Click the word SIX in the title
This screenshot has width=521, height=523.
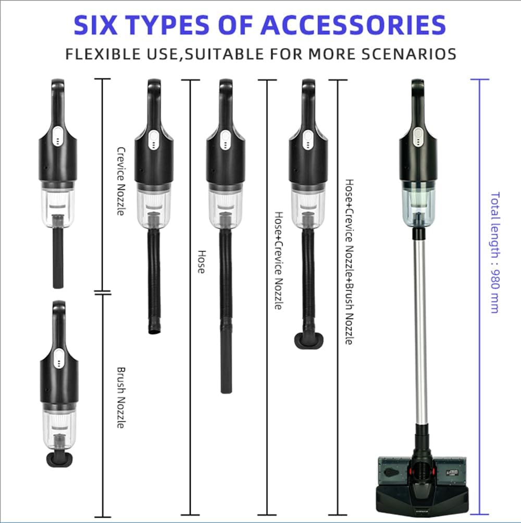(100, 25)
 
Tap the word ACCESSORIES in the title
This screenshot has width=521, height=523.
(353, 25)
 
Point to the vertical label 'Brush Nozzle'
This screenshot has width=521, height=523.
(120, 398)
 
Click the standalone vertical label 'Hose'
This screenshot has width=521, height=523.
(201, 261)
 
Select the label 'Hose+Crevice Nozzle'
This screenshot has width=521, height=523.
(279, 261)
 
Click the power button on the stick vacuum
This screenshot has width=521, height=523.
(417, 136)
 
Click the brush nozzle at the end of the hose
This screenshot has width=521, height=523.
(308, 341)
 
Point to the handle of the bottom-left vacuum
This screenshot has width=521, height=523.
(58, 323)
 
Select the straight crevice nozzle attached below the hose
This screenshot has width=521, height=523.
(226, 365)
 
